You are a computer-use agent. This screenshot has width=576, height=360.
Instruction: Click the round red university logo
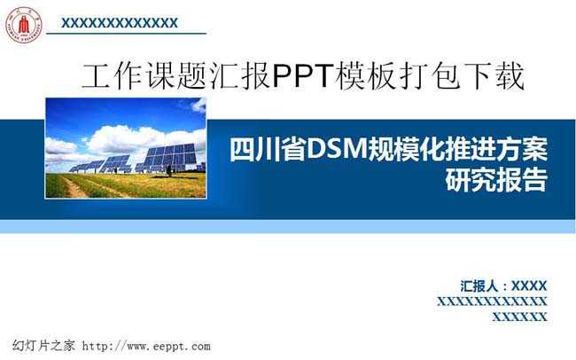tap(24, 24)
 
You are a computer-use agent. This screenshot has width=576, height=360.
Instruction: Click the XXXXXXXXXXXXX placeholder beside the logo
tap(120, 23)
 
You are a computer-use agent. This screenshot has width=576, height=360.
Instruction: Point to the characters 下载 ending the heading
tap(494, 75)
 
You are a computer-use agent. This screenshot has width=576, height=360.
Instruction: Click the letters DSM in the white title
tap(338, 149)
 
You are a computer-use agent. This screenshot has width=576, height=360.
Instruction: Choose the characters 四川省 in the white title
tap(269, 149)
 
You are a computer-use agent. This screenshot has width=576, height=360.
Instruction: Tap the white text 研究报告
tap(496, 179)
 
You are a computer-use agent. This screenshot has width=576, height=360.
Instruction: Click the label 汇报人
tap(479, 286)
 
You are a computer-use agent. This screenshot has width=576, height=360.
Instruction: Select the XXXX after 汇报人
tap(529, 286)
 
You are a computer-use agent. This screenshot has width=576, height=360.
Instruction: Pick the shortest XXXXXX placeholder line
tap(520, 317)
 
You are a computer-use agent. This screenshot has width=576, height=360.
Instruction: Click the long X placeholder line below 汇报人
tap(492, 301)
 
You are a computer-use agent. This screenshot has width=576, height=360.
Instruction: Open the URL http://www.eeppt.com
tap(146, 346)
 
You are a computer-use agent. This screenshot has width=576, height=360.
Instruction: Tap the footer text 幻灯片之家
tap(43, 346)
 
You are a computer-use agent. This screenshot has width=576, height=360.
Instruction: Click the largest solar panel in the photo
tap(170, 156)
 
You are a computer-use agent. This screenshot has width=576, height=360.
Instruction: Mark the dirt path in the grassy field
tap(75, 188)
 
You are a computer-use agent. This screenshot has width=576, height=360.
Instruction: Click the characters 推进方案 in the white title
tap(498, 149)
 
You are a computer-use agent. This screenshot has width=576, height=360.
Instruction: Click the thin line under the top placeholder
tap(126, 34)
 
